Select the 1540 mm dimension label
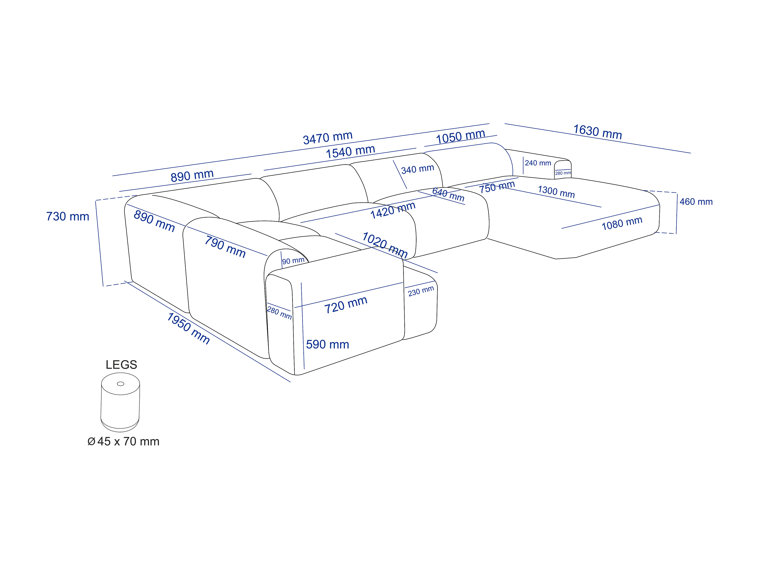click(x=350, y=152)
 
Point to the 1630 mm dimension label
click(x=597, y=132)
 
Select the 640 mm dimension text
click(x=448, y=194)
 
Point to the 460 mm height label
click(x=696, y=202)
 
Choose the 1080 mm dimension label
click(x=622, y=223)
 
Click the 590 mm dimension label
click(x=327, y=344)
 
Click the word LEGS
click(x=121, y=365)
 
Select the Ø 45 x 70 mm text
click(x=124, y=441)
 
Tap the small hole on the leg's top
click(x=120, y=384)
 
